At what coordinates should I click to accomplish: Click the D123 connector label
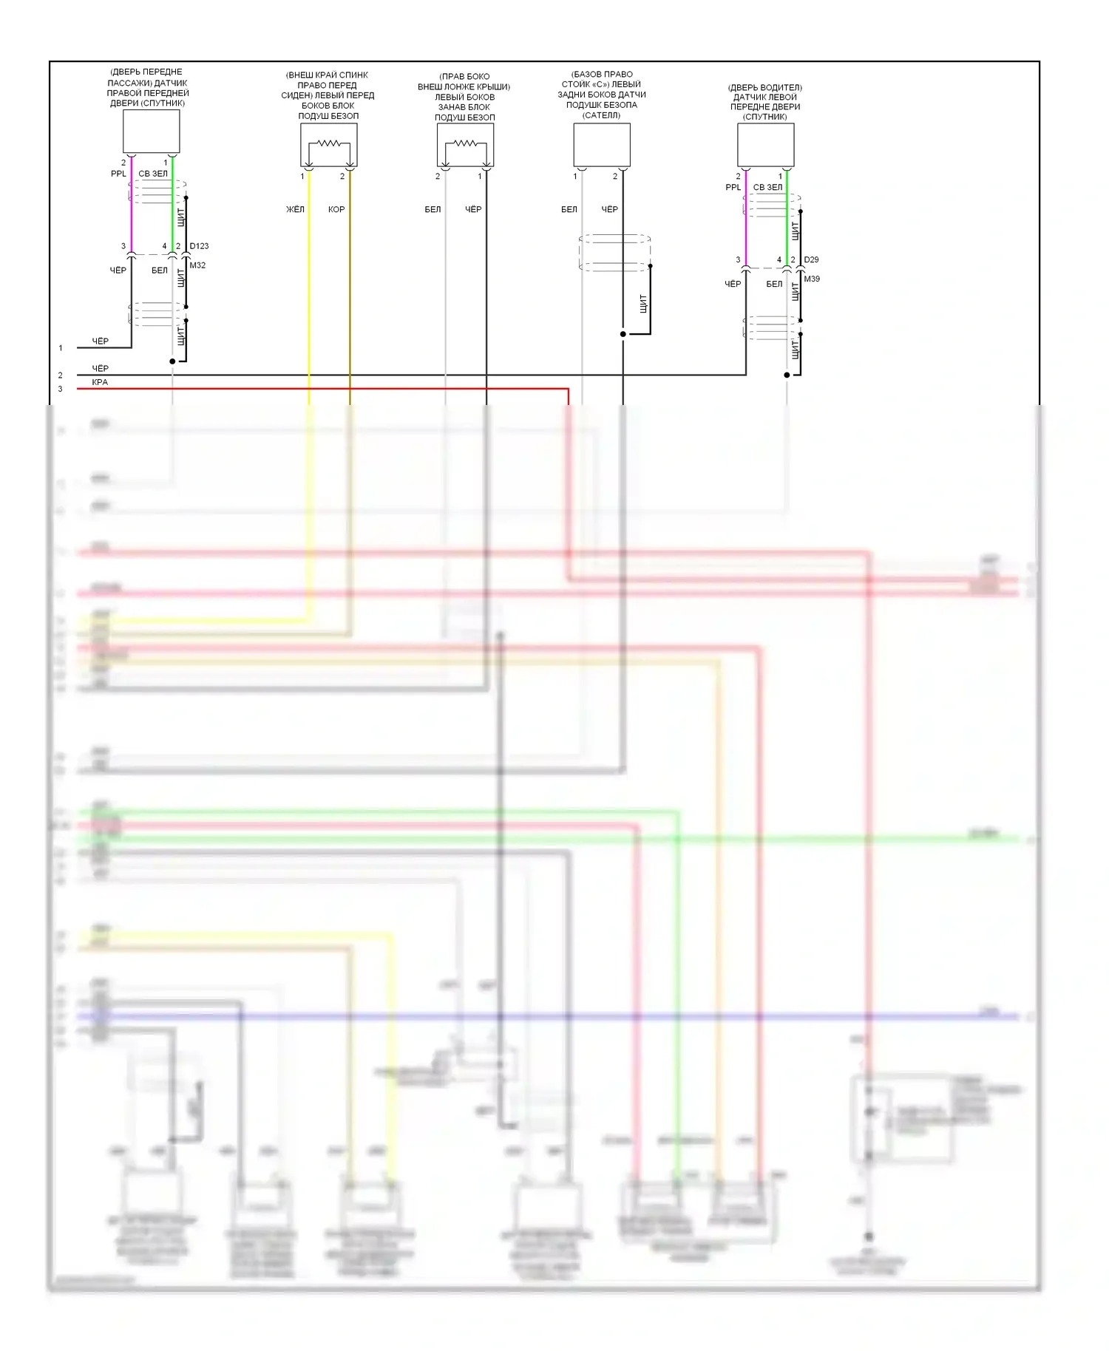tap(199, 246)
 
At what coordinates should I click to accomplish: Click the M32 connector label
tap(197, 265)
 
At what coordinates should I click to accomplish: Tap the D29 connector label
tap(811, 260)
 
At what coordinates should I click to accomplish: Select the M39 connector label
tap(812, 279)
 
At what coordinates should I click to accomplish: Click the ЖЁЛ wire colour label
tap(295, 210)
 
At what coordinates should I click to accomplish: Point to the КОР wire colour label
tap(336, 210)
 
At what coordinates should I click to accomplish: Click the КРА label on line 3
tap(100, 382)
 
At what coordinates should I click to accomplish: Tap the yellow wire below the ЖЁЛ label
tap(309, 296)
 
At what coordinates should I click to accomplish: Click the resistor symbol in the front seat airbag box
tap(329, 143)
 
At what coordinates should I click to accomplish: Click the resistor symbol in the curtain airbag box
tap(465, 143)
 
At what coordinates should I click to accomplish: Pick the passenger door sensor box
tap(151, 132)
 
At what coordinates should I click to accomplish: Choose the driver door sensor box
tap(766, 145)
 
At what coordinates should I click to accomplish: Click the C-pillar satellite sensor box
tap(602, 145)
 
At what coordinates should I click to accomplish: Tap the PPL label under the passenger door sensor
tap(118, 174)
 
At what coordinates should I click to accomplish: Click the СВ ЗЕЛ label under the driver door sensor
tap(767, 188)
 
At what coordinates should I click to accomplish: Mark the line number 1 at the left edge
tap(61, 348)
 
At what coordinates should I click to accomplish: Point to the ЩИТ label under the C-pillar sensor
tap(642, 303)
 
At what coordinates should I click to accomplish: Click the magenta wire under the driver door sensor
tap(746, 222)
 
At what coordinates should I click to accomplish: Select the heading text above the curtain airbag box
tap(464, 97)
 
